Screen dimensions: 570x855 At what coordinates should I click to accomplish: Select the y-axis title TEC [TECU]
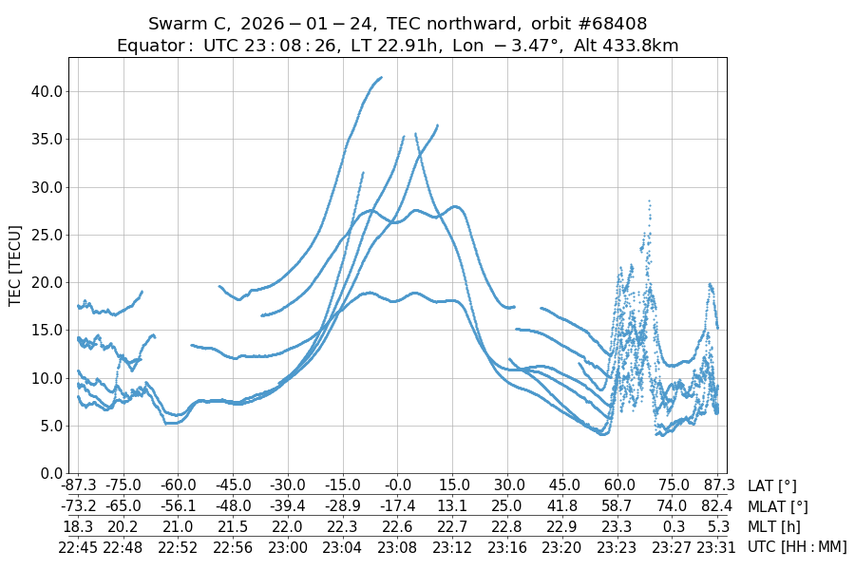coord(15,265)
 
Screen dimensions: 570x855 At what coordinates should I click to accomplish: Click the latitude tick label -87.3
coord(78,486)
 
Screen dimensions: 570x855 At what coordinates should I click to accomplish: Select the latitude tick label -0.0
coord(398,486)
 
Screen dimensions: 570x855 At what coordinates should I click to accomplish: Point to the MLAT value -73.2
coord(78,506)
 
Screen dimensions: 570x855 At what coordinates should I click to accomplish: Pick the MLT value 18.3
coord(78,526)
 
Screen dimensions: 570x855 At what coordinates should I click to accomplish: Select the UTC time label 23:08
coord(398,546)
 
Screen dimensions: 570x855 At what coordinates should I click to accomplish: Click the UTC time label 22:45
coord(78,546)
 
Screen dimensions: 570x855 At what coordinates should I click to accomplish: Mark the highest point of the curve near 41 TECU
coord(381,78)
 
